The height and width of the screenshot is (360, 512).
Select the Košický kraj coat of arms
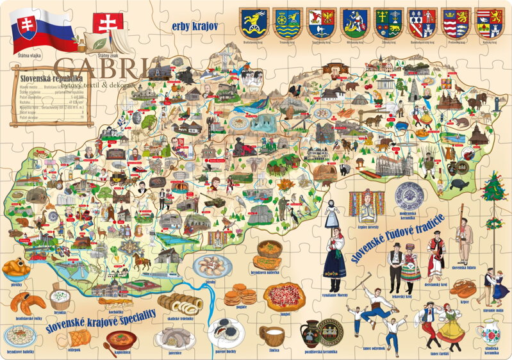click(x=489, y=23)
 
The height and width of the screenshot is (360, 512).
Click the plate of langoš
click(x=285, y=296)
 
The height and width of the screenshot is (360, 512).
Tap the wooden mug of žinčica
click(x=272, y=335)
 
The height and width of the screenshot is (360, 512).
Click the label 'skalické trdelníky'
click(x=181, y=318)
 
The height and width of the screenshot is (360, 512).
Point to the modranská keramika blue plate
click(x=409, y=195)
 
